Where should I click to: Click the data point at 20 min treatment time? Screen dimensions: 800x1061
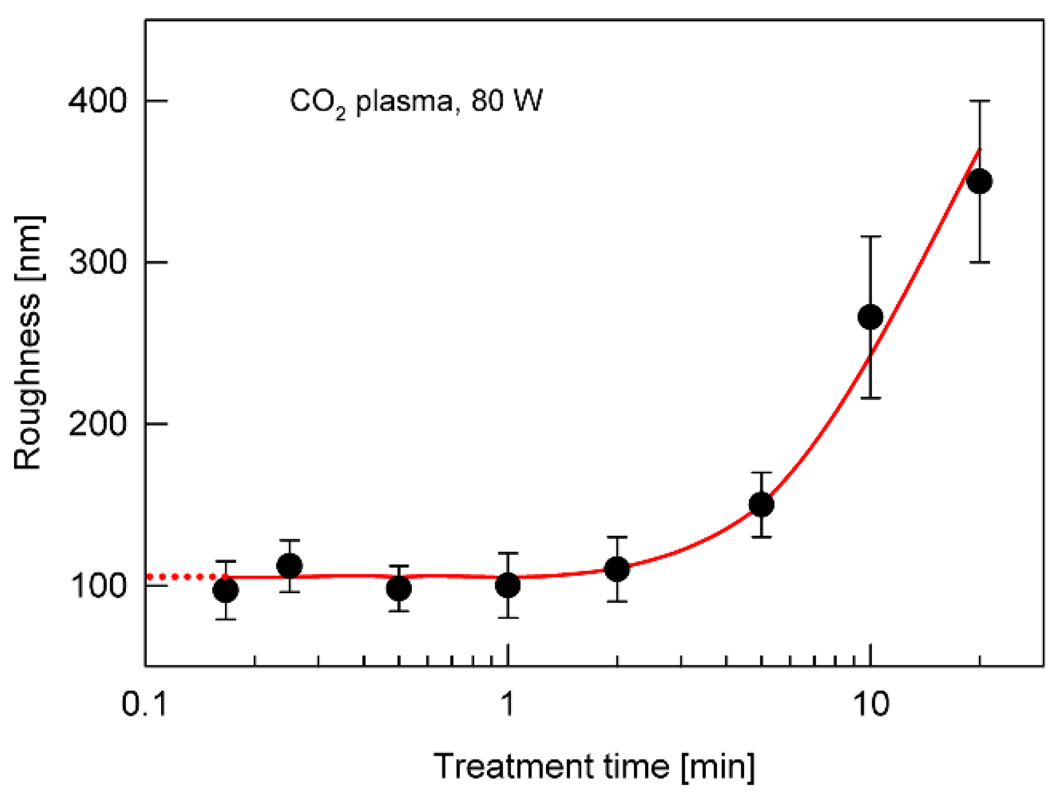click(980, 182)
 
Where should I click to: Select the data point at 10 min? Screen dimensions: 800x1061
click(871, 317)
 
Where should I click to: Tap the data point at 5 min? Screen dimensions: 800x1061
click(761, 504)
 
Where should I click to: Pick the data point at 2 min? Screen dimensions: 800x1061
click(617, 569)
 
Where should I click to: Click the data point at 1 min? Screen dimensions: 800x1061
click(507, 585)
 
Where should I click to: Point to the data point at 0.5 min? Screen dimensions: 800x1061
click(399, 588)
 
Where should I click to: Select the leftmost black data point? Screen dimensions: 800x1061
click(226, 590)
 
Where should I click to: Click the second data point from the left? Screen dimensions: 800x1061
click(289, 566)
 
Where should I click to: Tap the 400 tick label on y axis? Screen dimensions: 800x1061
click(97, 101)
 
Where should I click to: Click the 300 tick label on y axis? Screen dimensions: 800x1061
click(97, 262)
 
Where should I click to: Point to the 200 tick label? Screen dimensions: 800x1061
click(97, 423)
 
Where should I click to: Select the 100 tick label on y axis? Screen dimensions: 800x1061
click(97, 585)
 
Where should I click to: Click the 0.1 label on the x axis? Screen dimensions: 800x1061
click(145, 703)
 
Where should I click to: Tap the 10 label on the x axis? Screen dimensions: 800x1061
click(871, 703)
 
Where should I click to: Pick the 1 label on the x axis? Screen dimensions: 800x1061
click(507, 703)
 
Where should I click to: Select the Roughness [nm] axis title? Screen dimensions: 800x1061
click(28, 343)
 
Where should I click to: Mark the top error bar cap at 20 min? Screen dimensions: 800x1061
click(980, 101)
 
